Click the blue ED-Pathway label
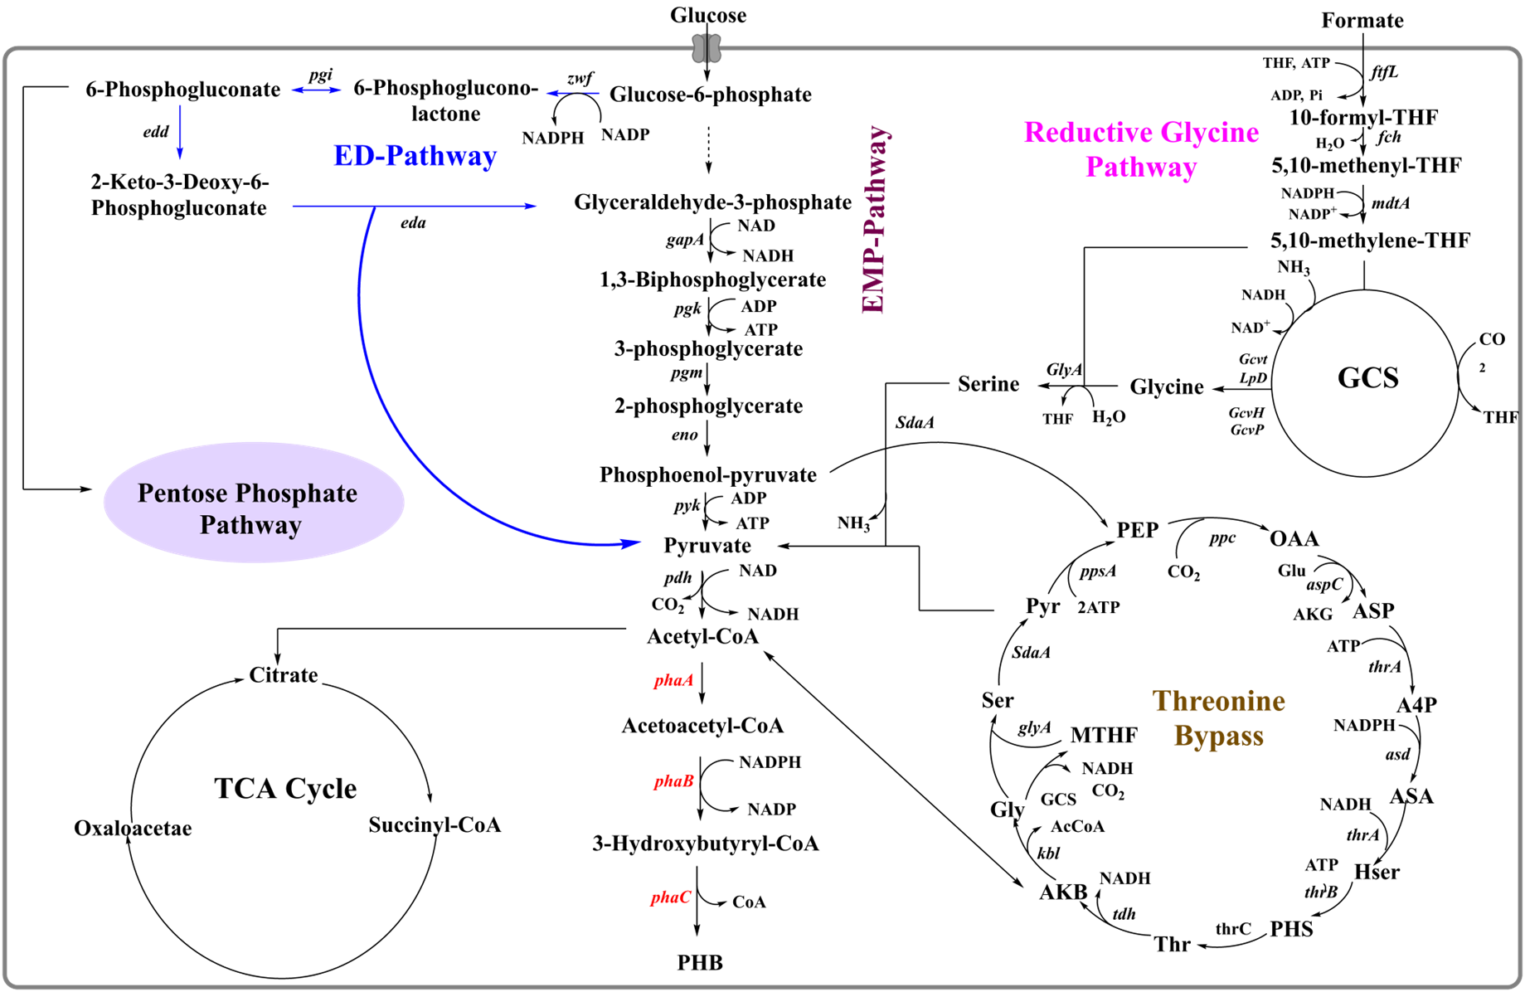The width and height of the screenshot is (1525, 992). pyautogui.click(x=415, y=156)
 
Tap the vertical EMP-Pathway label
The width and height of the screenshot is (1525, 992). pyautogui.click(x=874, y=221)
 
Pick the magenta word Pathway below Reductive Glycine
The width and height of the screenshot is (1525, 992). pyautogui.click(x=1141, y=168)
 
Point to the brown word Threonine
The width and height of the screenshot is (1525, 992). pyautogui.click(x=1218, y=702)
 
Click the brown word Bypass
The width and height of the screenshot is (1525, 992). pyautogui.click(x=1218, y=737)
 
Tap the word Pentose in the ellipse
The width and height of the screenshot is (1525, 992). pyautogui.click(x=182, y=494)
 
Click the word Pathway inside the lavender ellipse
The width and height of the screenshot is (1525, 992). pyautogui.click(x=250, y=526)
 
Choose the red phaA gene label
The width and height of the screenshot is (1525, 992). pyautogui.click(x=673, y=681)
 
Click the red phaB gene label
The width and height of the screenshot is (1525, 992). pyautogui.click(x=673, y=781)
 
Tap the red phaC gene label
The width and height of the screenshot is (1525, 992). pyautogui.click(x=671, y=897)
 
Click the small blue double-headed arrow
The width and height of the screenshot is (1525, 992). pyautogui.click(x=316, y=90)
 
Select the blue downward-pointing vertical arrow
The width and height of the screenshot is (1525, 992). pyautogui.click(x=180, y=131)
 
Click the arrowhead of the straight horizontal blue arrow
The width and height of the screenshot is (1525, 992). pyautogui.click(x=532, y=206)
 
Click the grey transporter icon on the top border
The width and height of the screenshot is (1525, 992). pyautogui.click(x=707, y=49)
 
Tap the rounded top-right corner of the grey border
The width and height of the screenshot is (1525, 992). pyautogui.click(x=1514, y=54)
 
